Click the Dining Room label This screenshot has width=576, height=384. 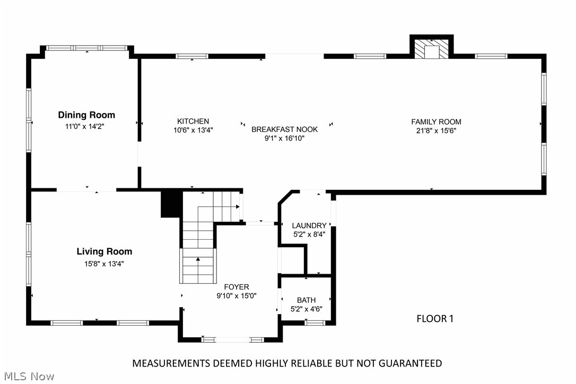86,115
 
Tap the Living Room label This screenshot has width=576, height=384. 104,251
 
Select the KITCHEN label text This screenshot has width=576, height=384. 193,121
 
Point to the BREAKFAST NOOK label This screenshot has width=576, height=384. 284,129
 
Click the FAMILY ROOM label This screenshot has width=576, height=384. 436,121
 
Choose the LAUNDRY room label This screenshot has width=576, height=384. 309,225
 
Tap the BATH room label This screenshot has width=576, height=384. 306,300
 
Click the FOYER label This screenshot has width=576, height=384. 236,287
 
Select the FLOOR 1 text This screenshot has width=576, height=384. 435,319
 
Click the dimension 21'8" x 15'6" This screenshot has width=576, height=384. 436,130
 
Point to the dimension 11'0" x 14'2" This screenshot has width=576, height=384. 86,126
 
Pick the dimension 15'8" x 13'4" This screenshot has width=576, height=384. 104,263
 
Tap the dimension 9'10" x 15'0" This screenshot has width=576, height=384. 236,296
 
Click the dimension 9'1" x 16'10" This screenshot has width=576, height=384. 284,138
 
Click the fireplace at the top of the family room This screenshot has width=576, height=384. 432,49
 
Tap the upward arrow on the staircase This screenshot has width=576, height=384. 198,260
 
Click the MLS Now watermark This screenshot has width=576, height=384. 28,377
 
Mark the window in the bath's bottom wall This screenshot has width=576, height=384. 315,322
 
